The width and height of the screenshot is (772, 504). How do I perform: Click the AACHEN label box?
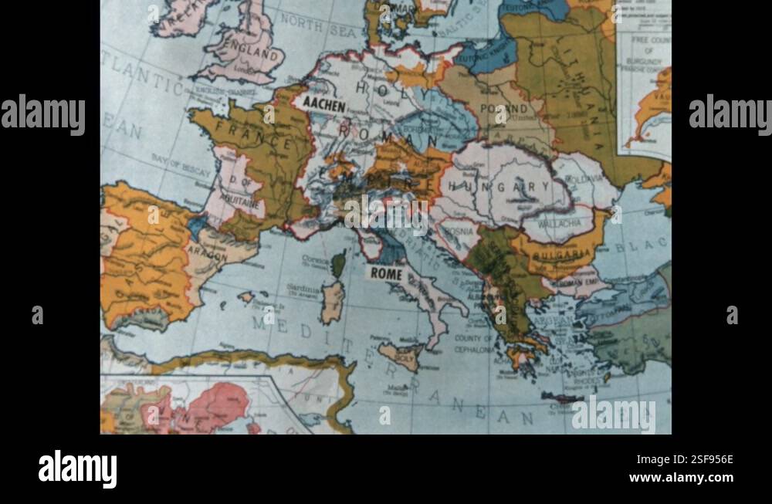(x=324, y=103)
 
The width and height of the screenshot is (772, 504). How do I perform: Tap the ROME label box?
(x=386, y=273)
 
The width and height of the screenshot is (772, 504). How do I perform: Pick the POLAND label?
(x=503, y=109)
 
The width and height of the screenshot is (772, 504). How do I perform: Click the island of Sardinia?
(x=333, y=302)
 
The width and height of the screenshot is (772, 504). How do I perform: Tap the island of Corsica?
(x=338, y=264)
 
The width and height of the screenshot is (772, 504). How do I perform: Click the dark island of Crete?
(x=563, y=397)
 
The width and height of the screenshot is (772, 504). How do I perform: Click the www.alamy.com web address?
(x=681, y=478)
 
